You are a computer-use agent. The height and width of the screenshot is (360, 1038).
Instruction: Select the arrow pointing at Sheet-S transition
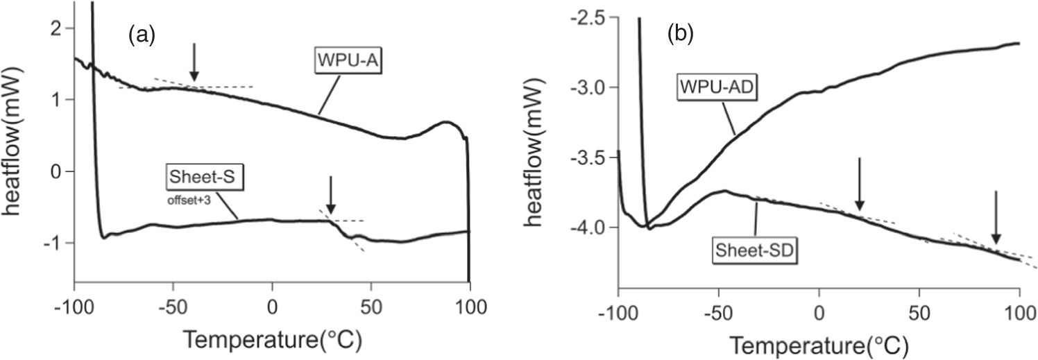coord(331,195)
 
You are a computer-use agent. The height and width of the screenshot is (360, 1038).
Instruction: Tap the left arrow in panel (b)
coord(860,184)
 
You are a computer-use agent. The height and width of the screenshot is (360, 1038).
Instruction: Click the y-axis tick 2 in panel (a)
coord(58,28)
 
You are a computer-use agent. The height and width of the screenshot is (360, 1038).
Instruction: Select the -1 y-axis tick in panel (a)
coord(56,243)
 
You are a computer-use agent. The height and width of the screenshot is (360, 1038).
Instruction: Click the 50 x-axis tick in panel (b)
coord(919,307)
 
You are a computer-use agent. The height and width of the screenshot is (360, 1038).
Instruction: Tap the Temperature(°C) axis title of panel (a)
coord(273,340)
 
